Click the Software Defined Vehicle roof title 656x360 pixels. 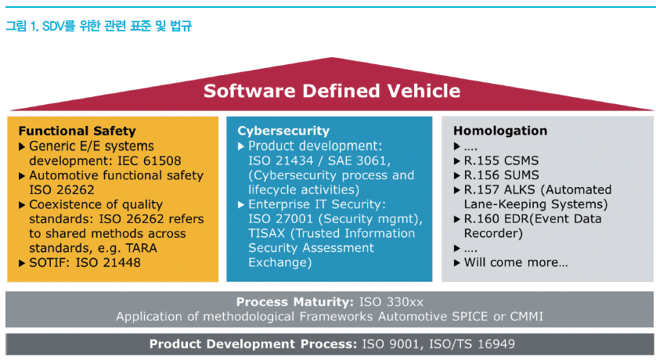click(332, 91)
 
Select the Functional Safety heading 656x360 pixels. click(77, 131)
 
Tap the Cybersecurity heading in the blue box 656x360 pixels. click(283, 131)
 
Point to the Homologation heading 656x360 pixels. click(500, 131)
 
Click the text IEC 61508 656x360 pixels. click(150, 161)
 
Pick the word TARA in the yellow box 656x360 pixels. click(142, 248)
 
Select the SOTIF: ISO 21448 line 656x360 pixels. click(85, 263)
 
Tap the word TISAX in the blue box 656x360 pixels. click(266, 233)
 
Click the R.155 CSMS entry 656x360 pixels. click(501, 161)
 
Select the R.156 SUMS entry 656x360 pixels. click(501, 175)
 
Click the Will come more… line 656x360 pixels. click(516, 263)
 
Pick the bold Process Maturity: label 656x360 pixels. click(295, 302)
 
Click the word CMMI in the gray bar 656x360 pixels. click(526, 316)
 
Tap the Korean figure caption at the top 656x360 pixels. click(99, 27)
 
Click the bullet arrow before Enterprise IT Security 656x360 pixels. click(241, 205)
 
